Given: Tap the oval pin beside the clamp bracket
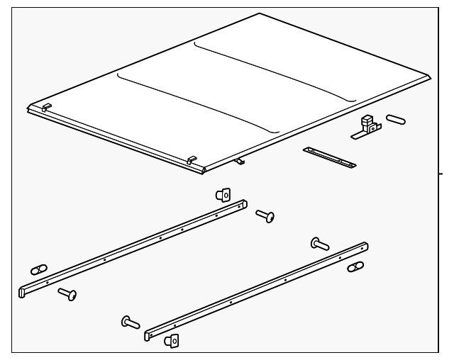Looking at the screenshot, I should (x=396, y=119).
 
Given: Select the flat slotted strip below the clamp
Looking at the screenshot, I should (x=329, y=157).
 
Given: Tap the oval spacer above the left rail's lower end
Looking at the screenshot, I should (x=39, y=269).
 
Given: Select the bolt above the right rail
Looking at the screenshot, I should (x=320, y=244).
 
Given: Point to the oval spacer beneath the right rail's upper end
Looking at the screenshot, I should (x=355, y=267).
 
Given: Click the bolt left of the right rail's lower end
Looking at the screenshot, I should (x=131, y=322).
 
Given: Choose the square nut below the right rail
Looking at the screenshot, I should (x=172, y=341).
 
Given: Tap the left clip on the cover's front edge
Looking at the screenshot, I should (x=46, y=107).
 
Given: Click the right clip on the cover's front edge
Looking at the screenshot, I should (x=192, y=161).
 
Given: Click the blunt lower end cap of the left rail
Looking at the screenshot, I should (x=22, y=291).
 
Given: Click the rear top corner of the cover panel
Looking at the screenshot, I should (x=260, y=14).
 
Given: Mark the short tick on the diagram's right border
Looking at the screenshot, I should (x=442, y=172).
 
